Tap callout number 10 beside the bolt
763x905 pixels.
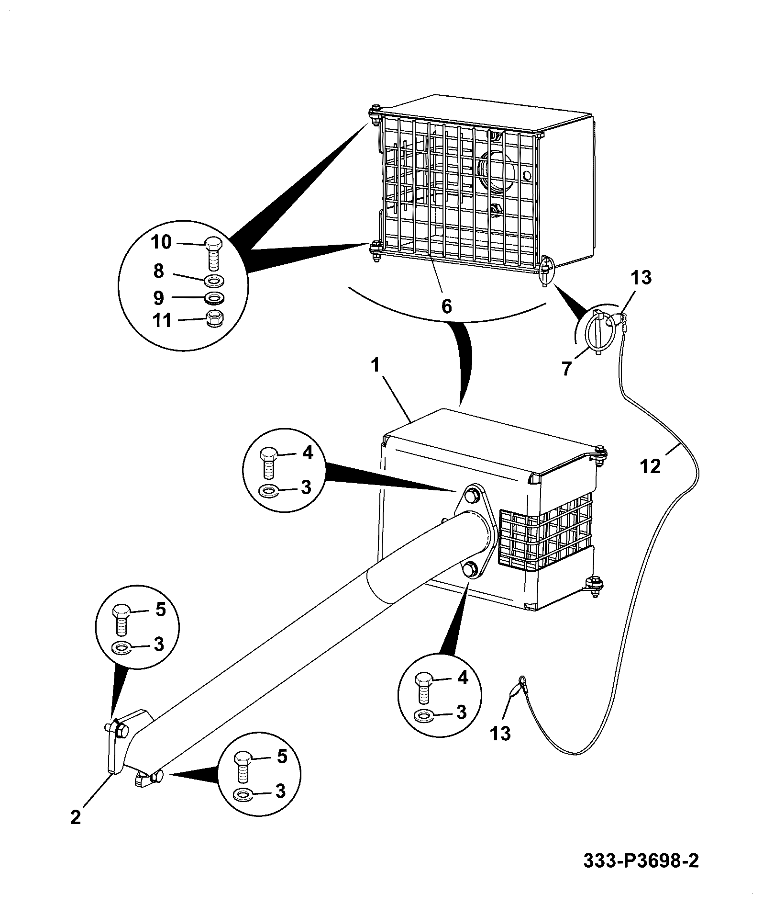click(161, 242)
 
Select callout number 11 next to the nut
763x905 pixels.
click(162, 320)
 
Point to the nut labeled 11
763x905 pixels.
click(214, 318)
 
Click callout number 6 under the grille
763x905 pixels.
click(446, 305)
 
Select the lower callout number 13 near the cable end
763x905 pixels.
click(500, 733)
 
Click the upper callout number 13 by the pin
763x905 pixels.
click(641, 277)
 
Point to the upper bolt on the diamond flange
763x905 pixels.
click(472, 496)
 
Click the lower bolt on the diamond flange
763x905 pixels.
click(471, 568)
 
